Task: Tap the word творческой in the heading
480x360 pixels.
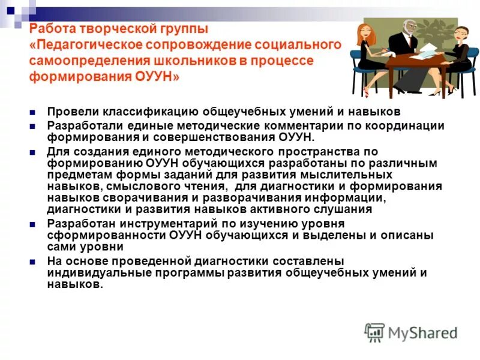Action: (106, 29)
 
